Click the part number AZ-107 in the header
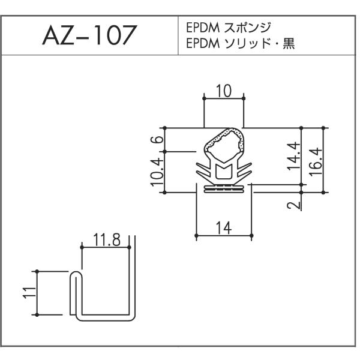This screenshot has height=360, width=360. click(x=90, y=35)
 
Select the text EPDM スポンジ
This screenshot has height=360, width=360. click(x=229, y=28)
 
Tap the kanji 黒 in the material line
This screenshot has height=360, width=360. click(x=289, y=43)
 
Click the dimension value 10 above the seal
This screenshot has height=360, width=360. click(x=224, y=91)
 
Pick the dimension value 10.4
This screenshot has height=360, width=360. click(x=157, y=172)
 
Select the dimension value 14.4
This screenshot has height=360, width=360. click(x=294, y=156)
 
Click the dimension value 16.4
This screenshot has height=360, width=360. click(x=316, y=162)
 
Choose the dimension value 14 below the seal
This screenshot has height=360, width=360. click(x=224, y=228)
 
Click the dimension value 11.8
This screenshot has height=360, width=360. click(x=107, y=239)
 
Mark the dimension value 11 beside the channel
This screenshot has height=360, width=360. click(x=30, y=293)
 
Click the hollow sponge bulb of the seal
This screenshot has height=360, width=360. click(x=223, y=144)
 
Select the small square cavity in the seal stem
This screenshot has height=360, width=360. click(x=223, y=173)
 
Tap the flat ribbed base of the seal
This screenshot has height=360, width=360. click(x=224, y=189)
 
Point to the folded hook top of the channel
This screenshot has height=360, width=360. click(x=76, y=275)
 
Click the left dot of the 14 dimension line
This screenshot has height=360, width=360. click(x=196, y=236)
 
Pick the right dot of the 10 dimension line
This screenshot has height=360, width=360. click(x=244, y=98)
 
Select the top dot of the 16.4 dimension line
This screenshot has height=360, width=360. click(x=323, y=128)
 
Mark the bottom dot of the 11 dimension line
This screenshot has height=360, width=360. click(x=37, y=315)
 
